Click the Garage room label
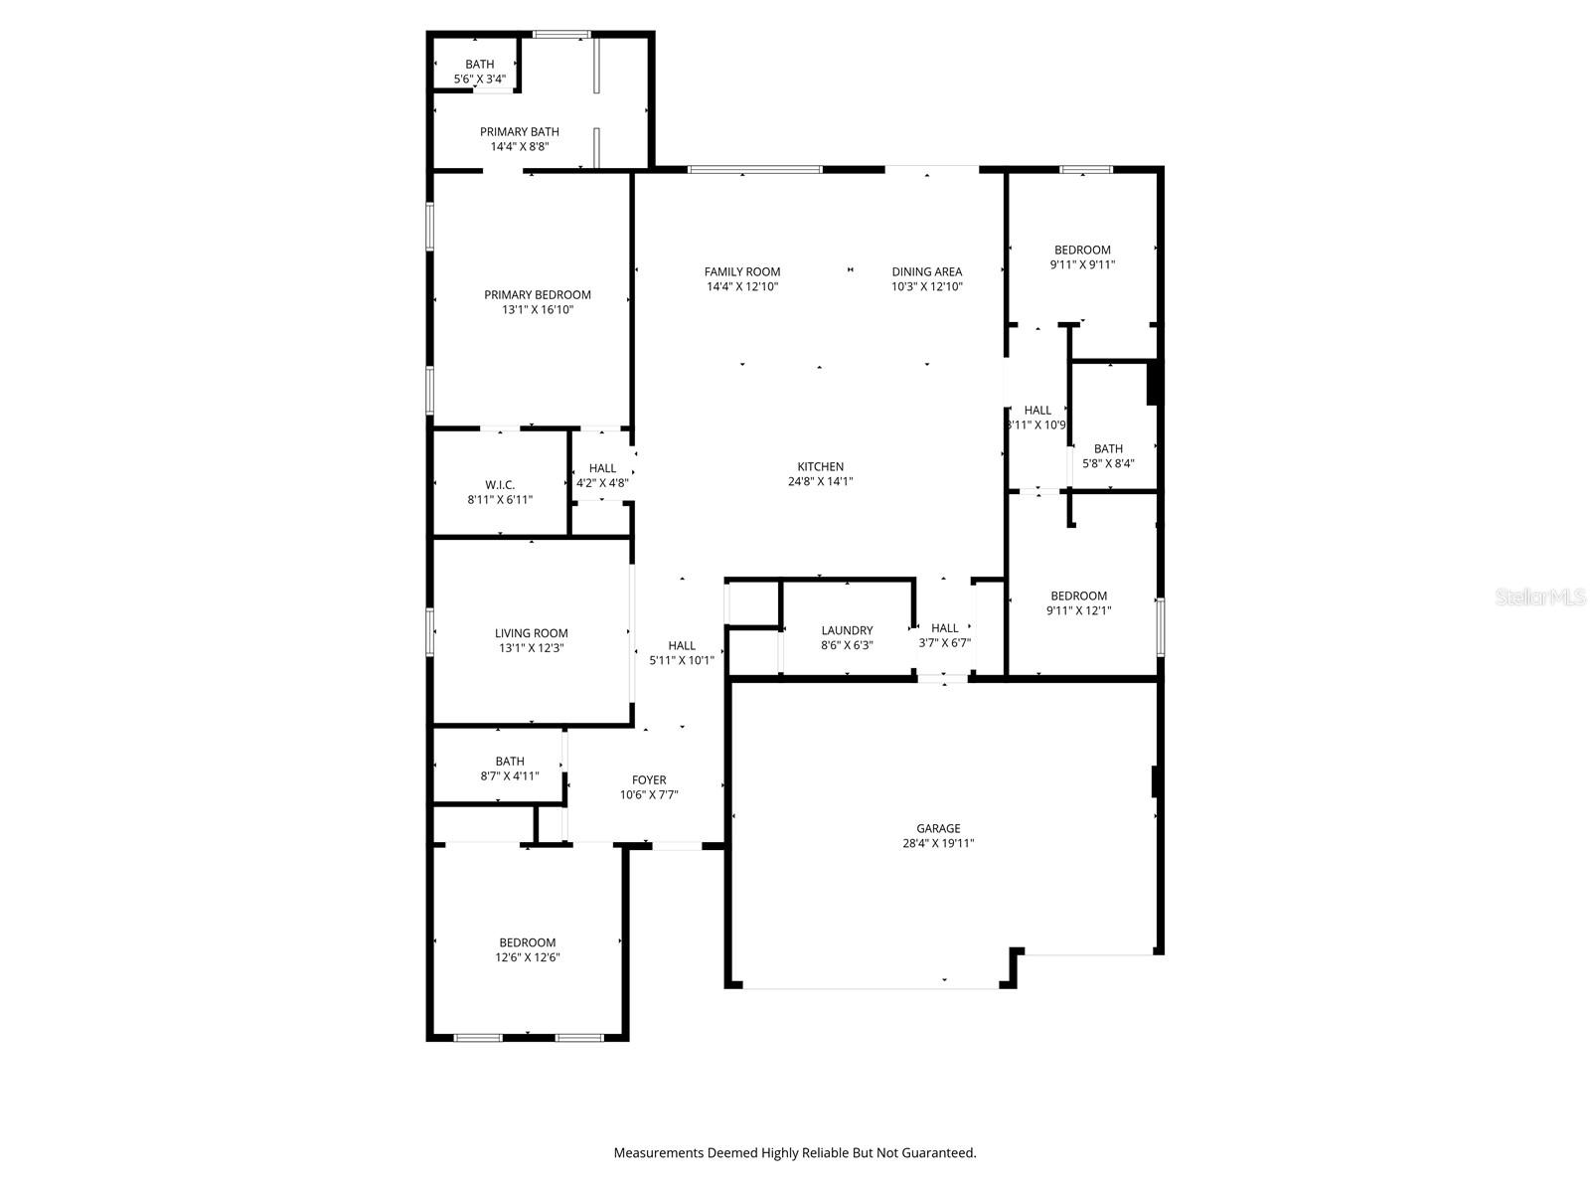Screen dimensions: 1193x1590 tap(938, 828)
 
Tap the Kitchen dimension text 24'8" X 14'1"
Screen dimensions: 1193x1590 tap(820, 481)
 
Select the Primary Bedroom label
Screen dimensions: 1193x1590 tap(537, 294)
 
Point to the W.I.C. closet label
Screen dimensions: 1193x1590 tap(500, 484)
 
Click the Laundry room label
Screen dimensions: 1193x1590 tap(847, 630)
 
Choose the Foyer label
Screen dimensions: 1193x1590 tap(649, 779)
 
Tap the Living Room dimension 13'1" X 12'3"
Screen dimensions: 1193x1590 tap(532, 648)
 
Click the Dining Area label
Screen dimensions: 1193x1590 tap(926, 271)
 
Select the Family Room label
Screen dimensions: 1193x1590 tap(742, 271)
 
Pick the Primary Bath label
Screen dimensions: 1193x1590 tap(519, 131)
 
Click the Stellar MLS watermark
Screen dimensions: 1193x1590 tap(1540, 596)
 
